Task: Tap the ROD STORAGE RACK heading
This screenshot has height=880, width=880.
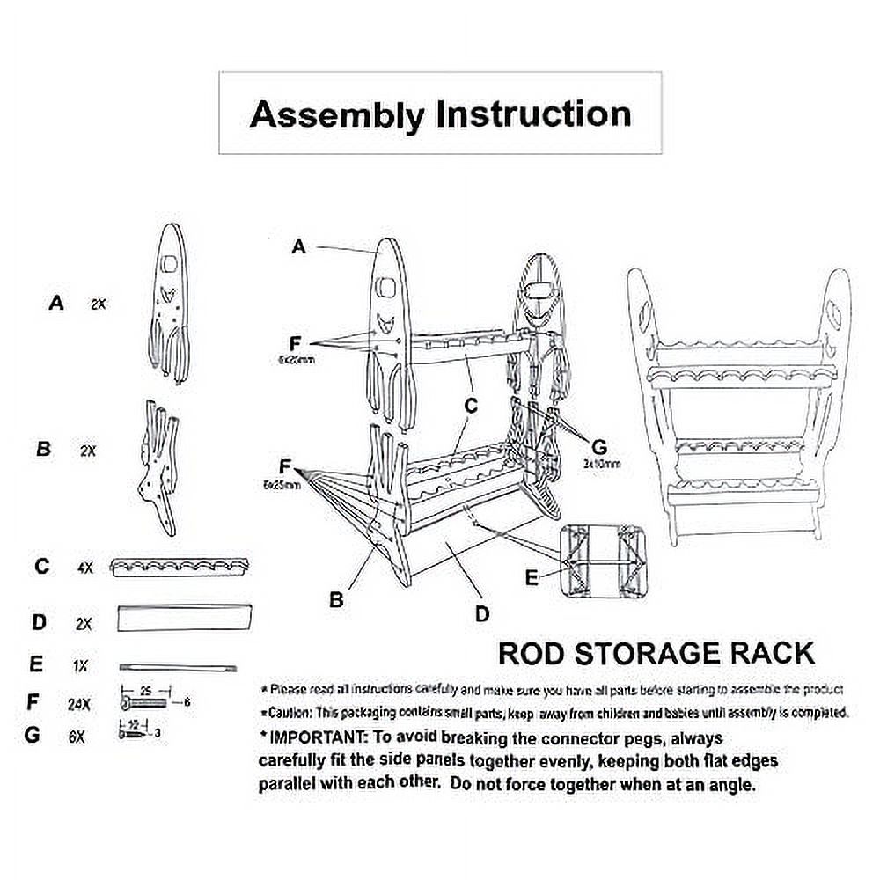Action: tap(656, 653)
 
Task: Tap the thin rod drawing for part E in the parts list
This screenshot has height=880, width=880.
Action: tap(179, 667)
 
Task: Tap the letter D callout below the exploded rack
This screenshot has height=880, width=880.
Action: tap(481, 614)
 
